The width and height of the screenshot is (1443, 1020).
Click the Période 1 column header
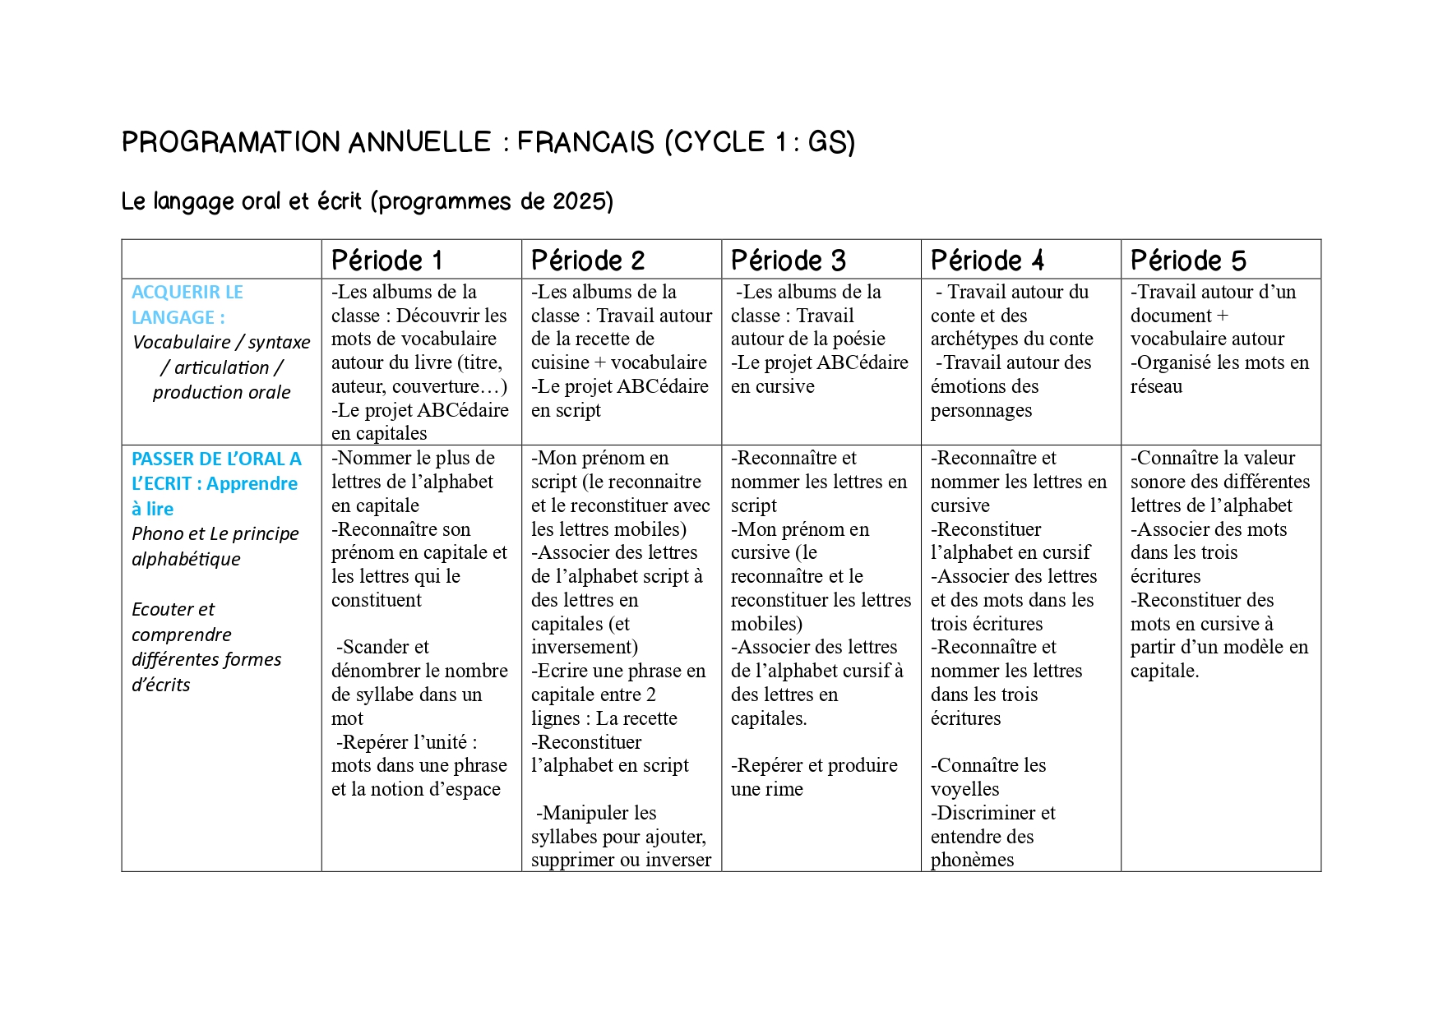(386, 261)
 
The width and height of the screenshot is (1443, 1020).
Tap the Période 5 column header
(1187, 261)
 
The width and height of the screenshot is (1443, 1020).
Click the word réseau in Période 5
(1156, 386)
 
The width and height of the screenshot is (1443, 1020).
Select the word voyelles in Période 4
(964, 789)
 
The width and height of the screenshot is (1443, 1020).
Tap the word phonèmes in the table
(972, 860)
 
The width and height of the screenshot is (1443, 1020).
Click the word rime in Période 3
(784, 789)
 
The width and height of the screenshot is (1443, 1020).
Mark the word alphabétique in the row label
(186, 559)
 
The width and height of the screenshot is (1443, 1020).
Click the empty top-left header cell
(221, 260)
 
